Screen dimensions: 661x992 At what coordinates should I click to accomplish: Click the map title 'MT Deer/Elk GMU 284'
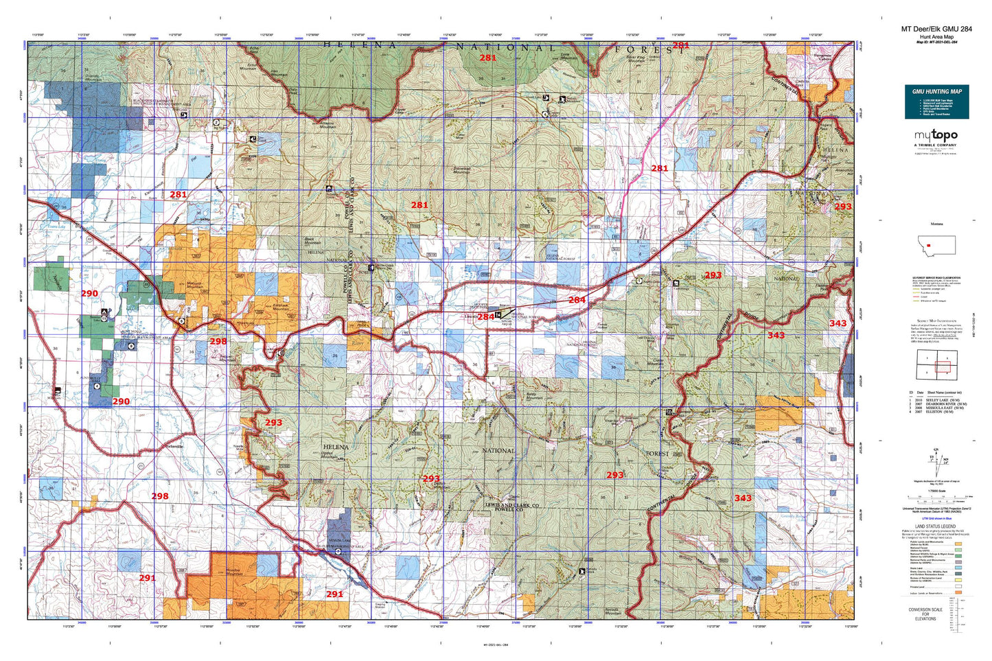936,29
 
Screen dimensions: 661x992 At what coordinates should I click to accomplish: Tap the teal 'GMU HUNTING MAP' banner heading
936,91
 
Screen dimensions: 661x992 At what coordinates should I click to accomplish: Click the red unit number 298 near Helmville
159,496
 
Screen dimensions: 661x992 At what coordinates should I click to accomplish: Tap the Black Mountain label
312,242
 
